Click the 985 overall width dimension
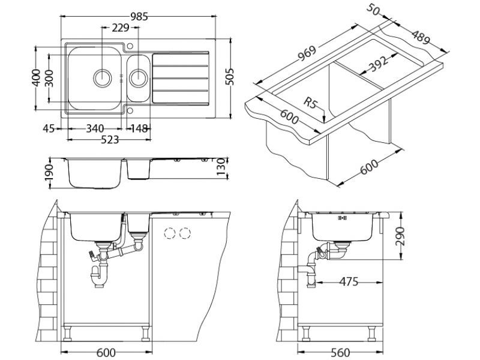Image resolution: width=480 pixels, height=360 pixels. point(139,17)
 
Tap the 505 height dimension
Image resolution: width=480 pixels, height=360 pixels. point(229,76)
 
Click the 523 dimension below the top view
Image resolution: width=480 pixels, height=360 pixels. point(109,139)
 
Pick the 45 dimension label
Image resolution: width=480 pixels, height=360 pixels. point(49,128)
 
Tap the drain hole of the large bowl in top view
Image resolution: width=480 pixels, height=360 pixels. point(103,77)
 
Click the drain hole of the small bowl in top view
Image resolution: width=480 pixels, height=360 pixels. point(139,77)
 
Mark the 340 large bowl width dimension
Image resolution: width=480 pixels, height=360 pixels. point(95,128)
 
